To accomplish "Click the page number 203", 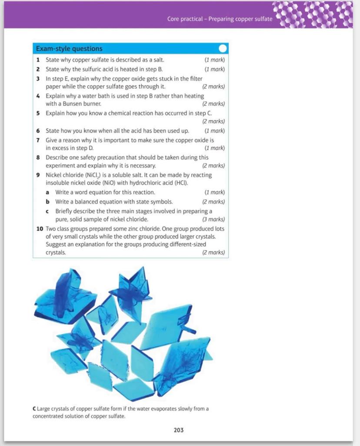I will pos(178,430).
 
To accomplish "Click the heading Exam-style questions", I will pos(69,49).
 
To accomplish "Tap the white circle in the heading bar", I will pos(223,48).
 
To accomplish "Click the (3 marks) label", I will pos(213,219).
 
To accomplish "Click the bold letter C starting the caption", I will pos(34,409).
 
